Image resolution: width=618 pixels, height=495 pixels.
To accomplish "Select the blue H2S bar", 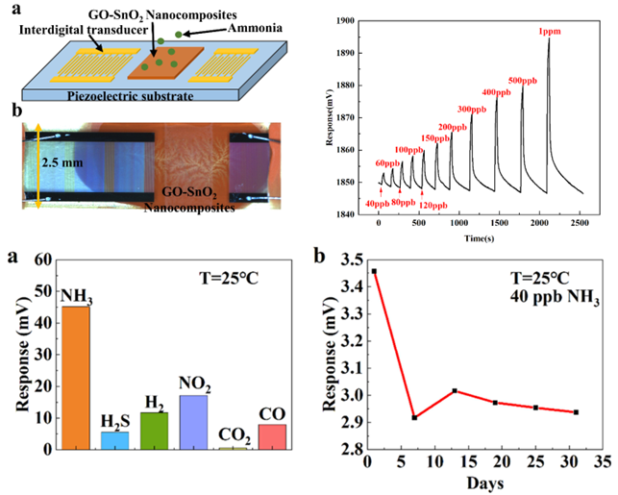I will [114, 440].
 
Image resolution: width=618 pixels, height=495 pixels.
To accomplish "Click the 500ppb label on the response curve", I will [523, 79].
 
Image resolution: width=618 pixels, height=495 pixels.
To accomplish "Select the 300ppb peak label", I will [472, 109].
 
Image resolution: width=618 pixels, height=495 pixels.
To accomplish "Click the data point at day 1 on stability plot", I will [374, 271].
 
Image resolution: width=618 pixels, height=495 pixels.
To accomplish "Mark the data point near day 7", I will [412, 417].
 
